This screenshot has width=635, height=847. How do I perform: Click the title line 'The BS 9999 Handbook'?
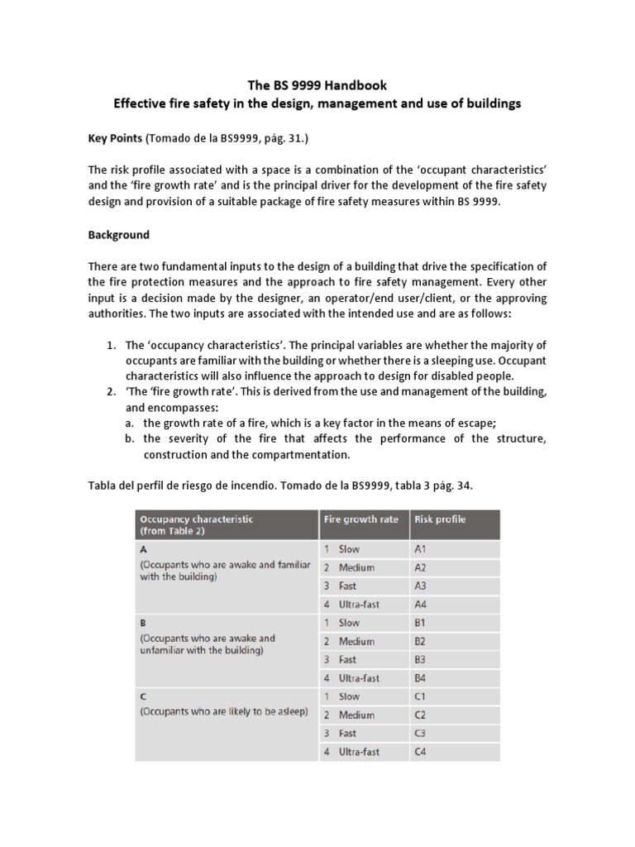click(317, 85)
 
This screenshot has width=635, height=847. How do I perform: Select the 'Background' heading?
click(119, 235)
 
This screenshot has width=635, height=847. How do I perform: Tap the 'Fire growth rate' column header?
click(360, 519)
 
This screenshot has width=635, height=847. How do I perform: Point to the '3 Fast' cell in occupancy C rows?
click(344, 734)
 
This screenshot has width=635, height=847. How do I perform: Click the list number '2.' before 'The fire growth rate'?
click(112, 391)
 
